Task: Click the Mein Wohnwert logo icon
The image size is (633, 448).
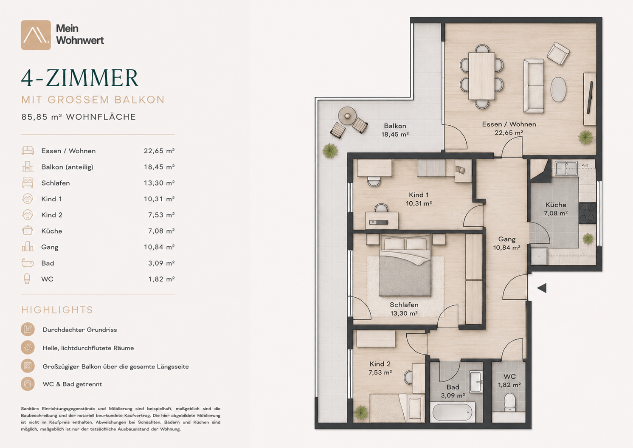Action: coord(36,35)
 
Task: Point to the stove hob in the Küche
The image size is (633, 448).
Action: coord(587,213)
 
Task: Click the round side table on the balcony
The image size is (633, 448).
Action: coord(347,116)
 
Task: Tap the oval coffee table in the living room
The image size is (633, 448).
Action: coord(558,89)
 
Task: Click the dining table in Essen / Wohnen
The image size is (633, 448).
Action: coord(481,76)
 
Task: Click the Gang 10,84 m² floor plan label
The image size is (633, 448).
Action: coord(506,243)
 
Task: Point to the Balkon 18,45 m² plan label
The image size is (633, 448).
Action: coord(395,130)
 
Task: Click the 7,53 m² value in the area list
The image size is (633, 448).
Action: coord(161,215)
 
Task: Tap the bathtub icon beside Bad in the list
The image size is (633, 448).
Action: coord(28,263)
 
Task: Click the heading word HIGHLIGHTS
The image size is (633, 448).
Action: coord(57,310)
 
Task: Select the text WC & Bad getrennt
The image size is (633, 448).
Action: coord(72,384)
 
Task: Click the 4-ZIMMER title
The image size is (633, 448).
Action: coord(80,78)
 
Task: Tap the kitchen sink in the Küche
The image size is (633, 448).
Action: coord(566,168)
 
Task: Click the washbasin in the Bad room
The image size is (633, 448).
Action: coord(475,382)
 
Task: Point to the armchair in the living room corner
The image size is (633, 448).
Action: coord(558,54)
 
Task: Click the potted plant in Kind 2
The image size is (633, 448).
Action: coord(360,413)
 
